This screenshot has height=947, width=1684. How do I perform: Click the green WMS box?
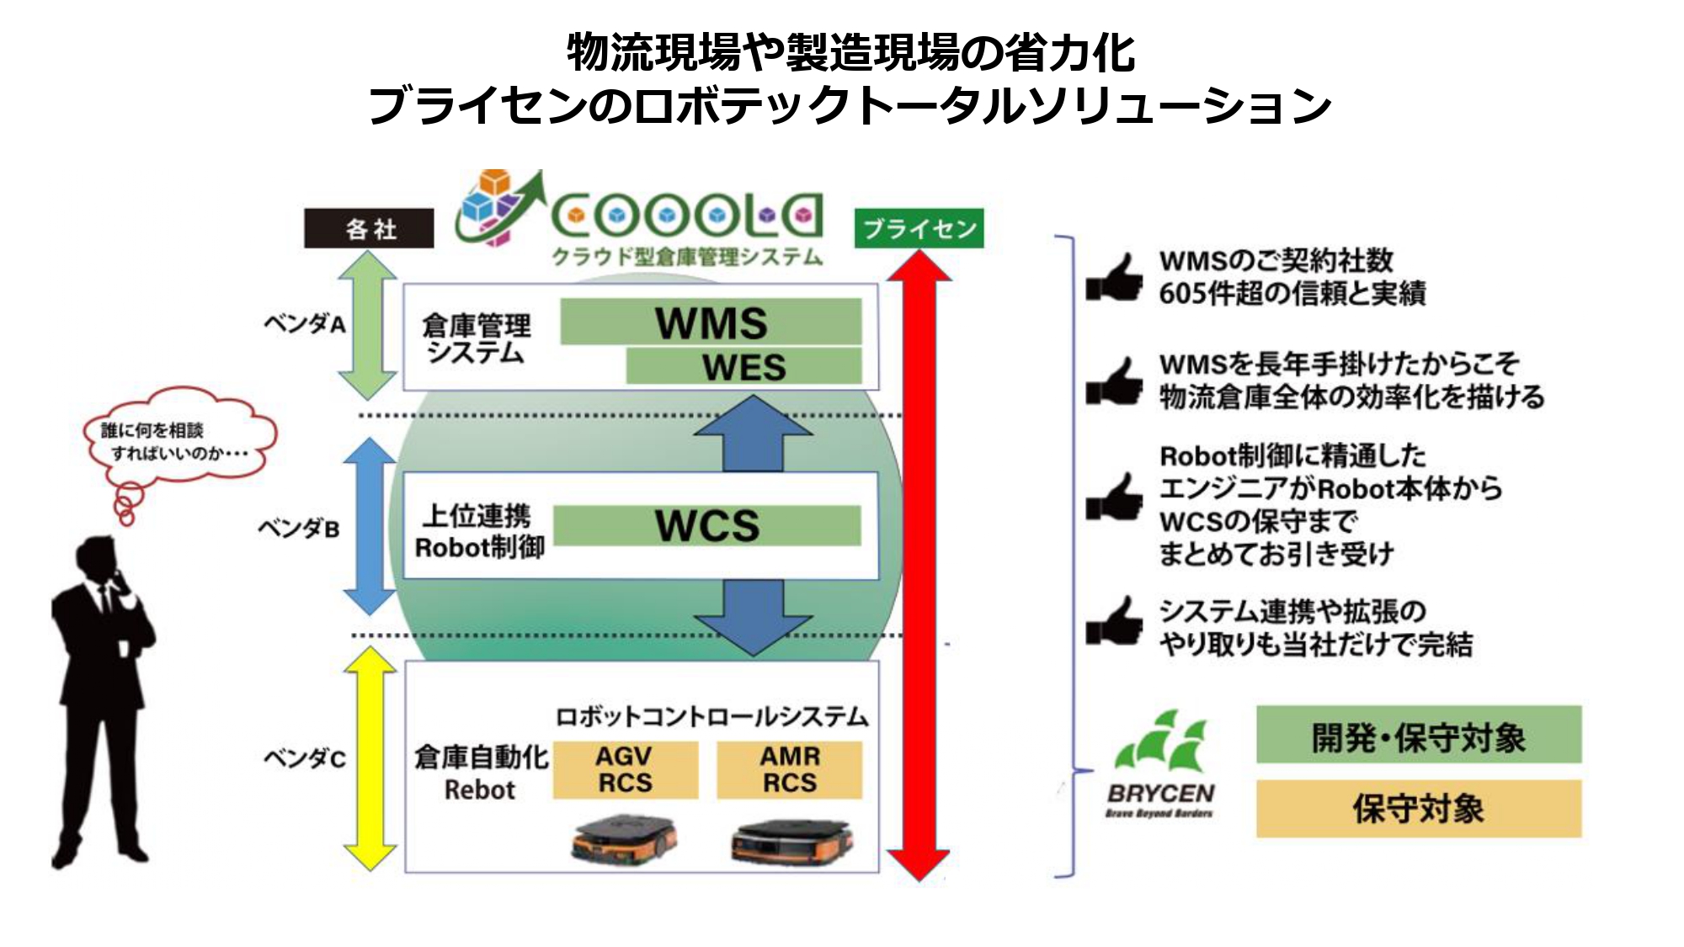tap(711, 322)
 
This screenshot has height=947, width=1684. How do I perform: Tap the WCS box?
tap(707, 525)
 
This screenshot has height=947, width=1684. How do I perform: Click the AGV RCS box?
tap(625, 769)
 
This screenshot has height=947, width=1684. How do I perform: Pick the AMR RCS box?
tap(789, 769)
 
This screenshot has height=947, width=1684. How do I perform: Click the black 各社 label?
tap(369, 228)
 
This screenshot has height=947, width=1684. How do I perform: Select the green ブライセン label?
tap(919, 228)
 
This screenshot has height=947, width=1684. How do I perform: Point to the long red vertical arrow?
tap(919, 564)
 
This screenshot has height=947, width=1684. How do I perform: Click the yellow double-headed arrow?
tap(370, 758)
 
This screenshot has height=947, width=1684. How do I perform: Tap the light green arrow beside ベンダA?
tap(368, 324)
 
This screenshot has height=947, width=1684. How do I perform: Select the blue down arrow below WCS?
tap(752, 619)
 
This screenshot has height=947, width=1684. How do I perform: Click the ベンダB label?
tap(299, 529)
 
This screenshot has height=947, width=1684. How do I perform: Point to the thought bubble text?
tap(174, 442)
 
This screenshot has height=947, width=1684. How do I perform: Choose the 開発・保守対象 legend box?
tap(1419, 735)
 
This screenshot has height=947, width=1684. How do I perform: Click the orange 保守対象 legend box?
tap(1419, 808)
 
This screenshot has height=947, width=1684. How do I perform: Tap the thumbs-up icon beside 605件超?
tap(1114, 277)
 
